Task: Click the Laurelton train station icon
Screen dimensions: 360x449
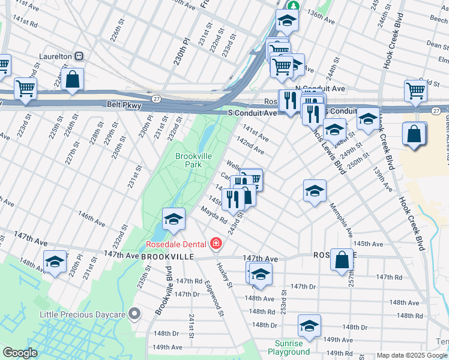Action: [x=78, y=56]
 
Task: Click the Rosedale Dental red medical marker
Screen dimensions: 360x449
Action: [x=215, y=244]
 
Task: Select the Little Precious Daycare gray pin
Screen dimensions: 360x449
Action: [x=135, y=314]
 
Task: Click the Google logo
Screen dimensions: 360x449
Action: [x=20, y=353]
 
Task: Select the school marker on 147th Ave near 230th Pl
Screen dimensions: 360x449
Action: [x=55, y=262]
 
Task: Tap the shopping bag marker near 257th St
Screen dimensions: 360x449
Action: [x=342, y=260]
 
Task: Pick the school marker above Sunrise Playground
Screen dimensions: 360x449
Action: [x=309, y=326]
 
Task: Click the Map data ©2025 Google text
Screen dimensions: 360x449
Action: [x=411, y=355]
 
